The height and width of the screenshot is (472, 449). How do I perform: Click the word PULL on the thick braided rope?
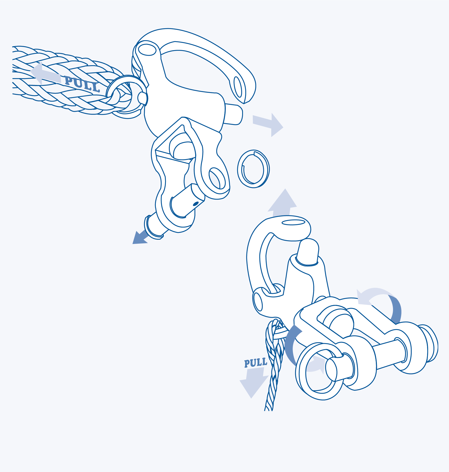[82, 84]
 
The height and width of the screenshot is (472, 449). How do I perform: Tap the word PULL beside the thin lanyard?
[255, 363]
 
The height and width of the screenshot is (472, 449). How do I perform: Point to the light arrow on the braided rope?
[45, 74]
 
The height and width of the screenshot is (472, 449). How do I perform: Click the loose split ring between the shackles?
[253, 169]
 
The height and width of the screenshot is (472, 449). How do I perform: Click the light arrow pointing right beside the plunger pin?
[268, 125]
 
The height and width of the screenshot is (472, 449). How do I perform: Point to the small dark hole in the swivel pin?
[196, 204]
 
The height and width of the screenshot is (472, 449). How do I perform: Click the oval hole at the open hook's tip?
[238, 87]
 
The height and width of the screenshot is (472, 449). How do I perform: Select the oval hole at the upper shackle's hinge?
[147, 50]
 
